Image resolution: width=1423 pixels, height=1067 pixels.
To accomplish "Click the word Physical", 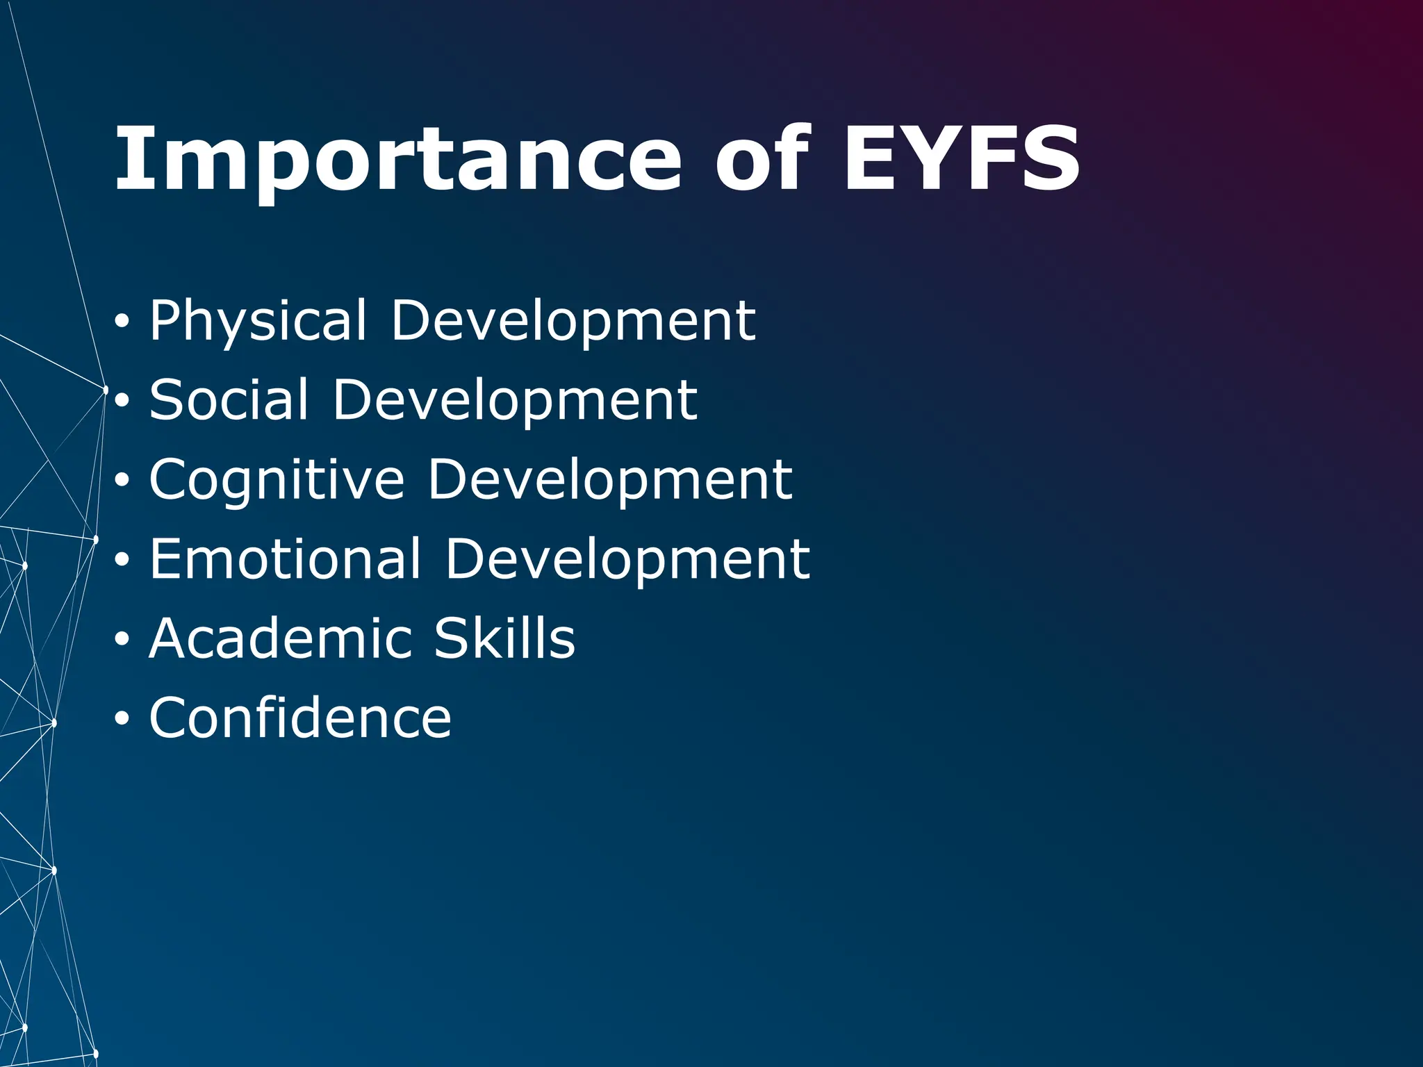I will click(x=258, y=321).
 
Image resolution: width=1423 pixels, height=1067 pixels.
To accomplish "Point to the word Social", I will click(x=229, y=400).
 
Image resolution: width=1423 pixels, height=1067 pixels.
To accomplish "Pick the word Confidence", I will click(x=300, y=718).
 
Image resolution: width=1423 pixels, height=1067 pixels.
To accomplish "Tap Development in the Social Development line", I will click(x=515, y=400).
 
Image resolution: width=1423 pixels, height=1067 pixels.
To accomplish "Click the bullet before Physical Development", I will click(x=122, y=322).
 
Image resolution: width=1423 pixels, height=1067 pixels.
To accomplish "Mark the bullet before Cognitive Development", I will click(x=122, y=481).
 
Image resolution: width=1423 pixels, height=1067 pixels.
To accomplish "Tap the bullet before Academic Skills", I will click(x=122, y=639).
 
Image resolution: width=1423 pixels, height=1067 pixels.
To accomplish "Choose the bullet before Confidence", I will click(x=122, y=719).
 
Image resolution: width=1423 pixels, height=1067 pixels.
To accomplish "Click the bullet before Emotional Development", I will click(x=122, y=560).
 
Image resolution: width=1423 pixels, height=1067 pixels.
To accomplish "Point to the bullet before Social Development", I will click(x=122, y=402).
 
